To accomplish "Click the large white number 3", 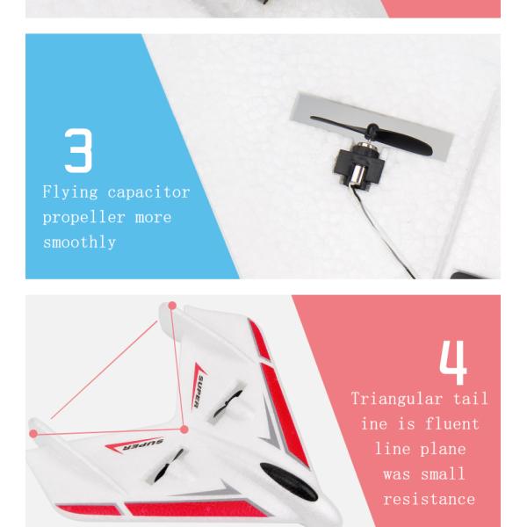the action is coord(78,150).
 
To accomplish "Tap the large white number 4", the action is coord(453,362).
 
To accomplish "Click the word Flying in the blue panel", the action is coord(70,192).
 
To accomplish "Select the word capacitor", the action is coord(148,193).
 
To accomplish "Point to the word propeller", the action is coord(84,218).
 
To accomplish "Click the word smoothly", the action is coord(80,242).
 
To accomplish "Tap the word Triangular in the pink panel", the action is coord(397,400).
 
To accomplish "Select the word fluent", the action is coord(452,423).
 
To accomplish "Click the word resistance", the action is coord(430,499).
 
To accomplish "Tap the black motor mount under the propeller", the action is coord(359,167).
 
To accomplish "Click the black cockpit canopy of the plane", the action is coord(288,481).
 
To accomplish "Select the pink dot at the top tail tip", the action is coord(172,306).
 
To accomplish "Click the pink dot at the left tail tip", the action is coord(33,434).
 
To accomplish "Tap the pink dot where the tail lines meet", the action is coord(184,430).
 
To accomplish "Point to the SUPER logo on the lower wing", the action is coord(134,445).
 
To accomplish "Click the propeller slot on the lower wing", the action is coord(167,466).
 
